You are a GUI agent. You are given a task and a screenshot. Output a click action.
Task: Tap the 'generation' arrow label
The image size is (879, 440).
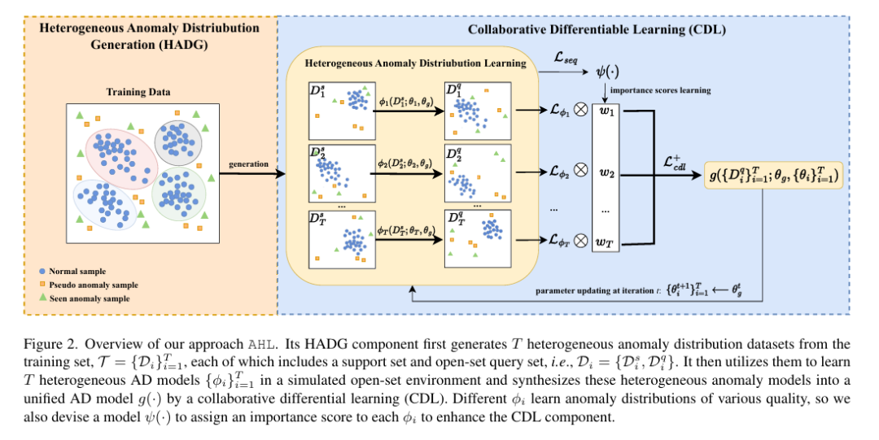pyautogui.click(x=249, y=164)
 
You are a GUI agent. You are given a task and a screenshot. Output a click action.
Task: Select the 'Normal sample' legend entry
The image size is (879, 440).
pyautogui.click(x=77, y=271)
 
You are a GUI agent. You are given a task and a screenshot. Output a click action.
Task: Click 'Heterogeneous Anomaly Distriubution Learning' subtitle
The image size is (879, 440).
pyautogui.click(x=415, y=63)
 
